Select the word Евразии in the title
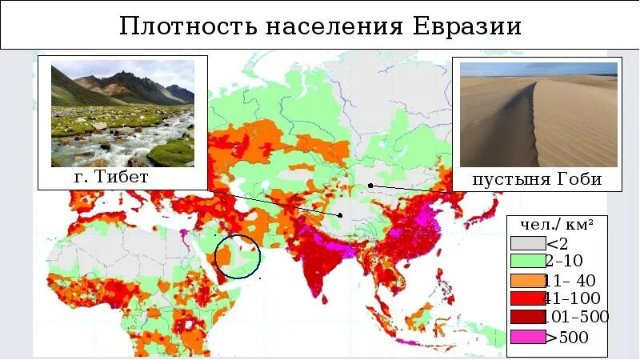tap(466, 26)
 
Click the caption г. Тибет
tap(111, 177)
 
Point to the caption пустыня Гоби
tap(537, 179)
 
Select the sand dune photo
tap(537, 114)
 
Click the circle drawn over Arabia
tap(238, 256)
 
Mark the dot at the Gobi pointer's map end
tap(370, 186)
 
